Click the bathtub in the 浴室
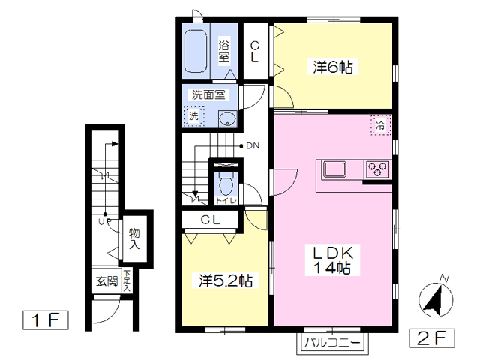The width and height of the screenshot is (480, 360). pyautogui.click(x=196, y=51)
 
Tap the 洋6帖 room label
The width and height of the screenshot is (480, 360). pyautogui.click(x=333, y=67)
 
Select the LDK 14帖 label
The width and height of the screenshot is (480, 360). pyautogui.click(x=332, y=260)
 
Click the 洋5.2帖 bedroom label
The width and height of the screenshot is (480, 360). pyautogui.click(x=226, y=280)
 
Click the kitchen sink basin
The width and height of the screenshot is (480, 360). pyautogui.click(x=335, y=169)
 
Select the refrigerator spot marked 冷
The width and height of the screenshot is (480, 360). pyautogui.click(x=380, y=125)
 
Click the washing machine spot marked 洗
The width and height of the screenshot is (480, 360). pyautogui.click(x=193, y=116)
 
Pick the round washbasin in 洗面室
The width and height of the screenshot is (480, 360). pyautogui.click(x=228, y=118)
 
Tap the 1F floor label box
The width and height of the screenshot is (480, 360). pyautogui.click(x=46, y=320)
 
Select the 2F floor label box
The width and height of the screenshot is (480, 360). pyautogui.click(x=432, y=338)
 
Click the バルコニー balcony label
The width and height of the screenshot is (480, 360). pyautogui.click(x=332, y=342)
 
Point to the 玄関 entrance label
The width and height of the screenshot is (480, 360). pyautogui.click(x=106, y=280)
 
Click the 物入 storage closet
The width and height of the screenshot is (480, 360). pyautogui.click(x=135, y=238)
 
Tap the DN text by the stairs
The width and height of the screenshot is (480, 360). pyautogui.click(x=253, y=146)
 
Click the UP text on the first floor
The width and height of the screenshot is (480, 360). pyautogui.click(x=105, y=221)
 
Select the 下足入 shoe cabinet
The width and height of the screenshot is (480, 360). pyautogui.click(x=127, y=280)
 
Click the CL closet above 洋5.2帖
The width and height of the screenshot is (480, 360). pyautogui.click(x=210, y=220)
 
